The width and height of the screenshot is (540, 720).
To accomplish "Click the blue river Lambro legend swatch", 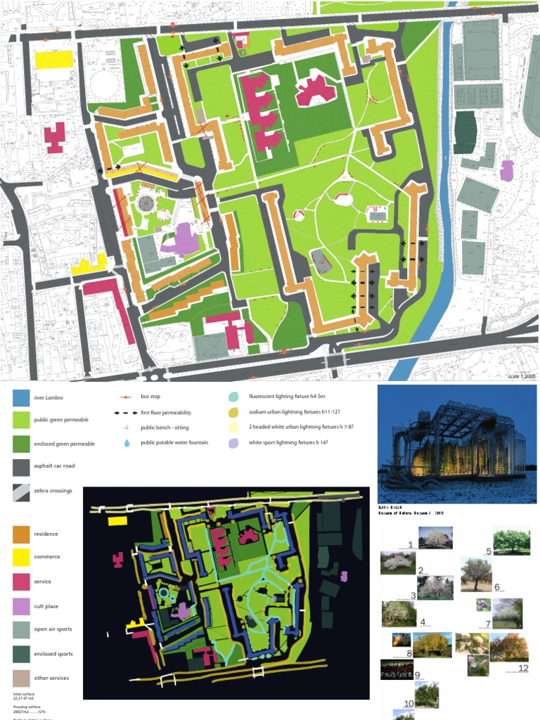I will [22, 398].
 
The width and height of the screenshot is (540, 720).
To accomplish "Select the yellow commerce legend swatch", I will [22, 557].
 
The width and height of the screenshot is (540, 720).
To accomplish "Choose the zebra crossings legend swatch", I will [22, 492].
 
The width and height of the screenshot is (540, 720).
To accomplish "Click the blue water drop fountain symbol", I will [127, 443].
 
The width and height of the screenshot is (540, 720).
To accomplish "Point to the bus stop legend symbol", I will [127, 398].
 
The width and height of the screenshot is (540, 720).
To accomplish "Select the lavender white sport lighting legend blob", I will [233, 443].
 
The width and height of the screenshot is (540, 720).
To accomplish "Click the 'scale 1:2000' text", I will [521, 377].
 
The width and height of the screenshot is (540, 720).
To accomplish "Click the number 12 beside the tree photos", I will [522, 667].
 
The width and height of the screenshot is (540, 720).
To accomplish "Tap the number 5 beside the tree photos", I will [488, 551].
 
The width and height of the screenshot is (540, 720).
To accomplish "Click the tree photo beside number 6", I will [476, 574].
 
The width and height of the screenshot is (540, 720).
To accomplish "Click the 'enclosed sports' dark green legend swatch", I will [22, 653].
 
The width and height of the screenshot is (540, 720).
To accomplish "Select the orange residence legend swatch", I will [22, 534].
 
